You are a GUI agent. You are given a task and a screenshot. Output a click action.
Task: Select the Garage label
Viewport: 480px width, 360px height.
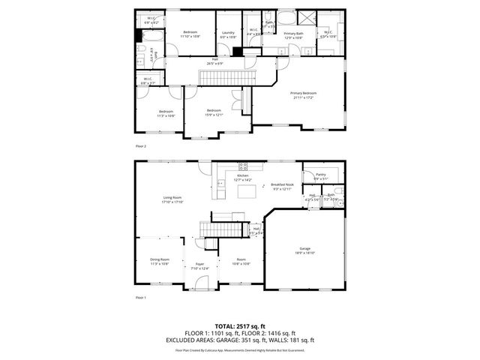point(305,247)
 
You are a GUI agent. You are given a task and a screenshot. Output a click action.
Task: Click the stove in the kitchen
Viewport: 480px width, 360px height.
point(243,166)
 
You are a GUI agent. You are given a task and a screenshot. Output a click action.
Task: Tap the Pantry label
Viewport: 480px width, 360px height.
point(320,174)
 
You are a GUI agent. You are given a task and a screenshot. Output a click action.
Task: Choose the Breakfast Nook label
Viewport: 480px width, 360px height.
point(282,184)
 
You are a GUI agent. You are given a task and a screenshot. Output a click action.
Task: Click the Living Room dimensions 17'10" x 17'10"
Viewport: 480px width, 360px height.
point(173,202)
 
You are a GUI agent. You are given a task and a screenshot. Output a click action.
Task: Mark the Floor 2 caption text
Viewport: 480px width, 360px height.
point(140,145)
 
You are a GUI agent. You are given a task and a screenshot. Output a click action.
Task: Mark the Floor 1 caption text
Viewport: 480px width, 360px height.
point(140,298)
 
